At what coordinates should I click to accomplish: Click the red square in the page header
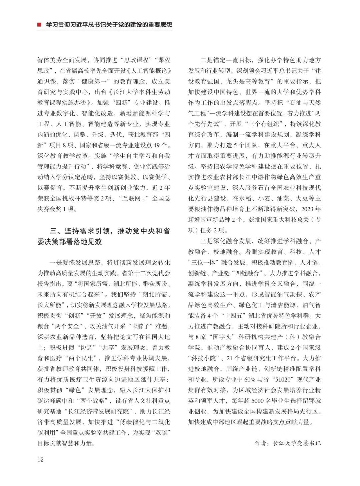coord(39,25)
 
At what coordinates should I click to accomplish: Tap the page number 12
coord(40,459)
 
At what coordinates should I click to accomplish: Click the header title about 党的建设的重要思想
coord(109,25)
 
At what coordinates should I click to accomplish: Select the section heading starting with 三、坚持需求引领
coord(104,236)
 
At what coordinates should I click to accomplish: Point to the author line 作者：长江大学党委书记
coord(287,443)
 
